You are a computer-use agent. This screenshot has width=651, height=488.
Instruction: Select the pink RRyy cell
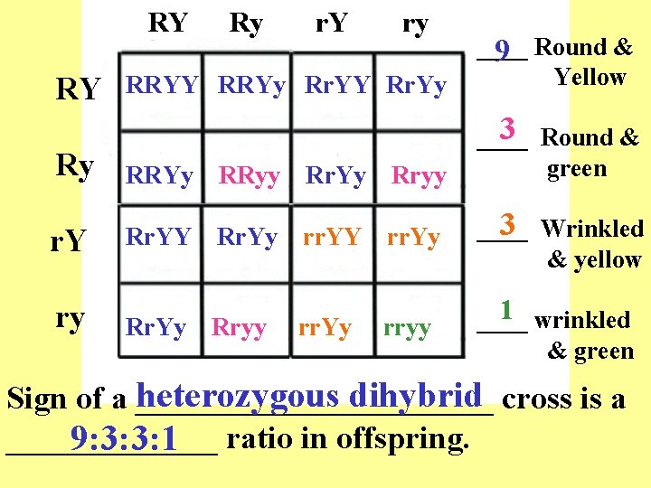click(250, 176)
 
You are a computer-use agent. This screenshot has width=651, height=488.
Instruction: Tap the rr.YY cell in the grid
click(332, 238)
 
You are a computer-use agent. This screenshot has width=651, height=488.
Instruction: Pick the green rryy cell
click(407, 327)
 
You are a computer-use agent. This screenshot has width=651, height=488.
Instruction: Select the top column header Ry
click(246, 23)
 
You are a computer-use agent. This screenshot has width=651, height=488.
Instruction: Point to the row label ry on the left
click(71, 318)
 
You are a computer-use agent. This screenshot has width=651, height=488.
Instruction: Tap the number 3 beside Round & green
click(507, 130)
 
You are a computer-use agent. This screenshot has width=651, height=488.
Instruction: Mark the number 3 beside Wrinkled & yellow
click(507, 223)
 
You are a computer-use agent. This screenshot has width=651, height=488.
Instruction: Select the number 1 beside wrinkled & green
click(507, 310)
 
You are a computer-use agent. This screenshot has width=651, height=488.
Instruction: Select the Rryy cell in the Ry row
click(419, 176)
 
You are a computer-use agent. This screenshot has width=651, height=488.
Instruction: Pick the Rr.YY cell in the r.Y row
click(159, 238)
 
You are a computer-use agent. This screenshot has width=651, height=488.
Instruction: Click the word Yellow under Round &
click(590, 77)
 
